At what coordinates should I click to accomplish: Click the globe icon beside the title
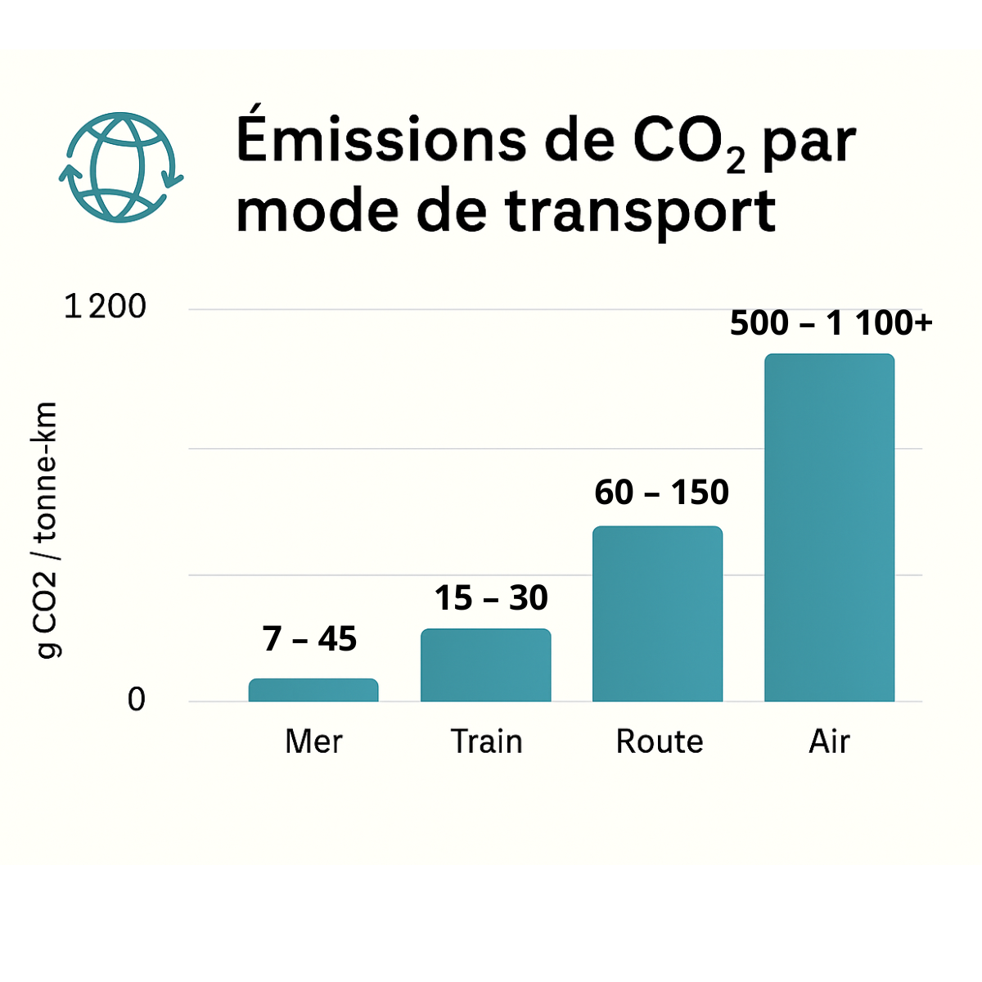tap(121, 167)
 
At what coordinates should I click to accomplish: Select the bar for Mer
tap(313, 690)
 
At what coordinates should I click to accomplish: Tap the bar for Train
tap(485, 664)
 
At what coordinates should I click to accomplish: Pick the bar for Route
tap(657, 614)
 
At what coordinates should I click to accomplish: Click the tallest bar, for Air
tap(829, 528)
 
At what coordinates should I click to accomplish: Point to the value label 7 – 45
tap(309, 639)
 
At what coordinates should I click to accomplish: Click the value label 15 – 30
tap(490, 598)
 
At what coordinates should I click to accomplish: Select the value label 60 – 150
tap(661, 493)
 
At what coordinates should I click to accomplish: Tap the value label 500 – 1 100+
tap(831, 323)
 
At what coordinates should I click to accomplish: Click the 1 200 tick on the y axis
tap(105, 307)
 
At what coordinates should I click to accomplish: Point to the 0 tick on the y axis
tap(136, 700)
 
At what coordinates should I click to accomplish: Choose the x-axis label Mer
tap(313, 741)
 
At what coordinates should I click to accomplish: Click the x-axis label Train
tap(486, 741)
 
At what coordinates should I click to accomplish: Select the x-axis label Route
tap(659, 741)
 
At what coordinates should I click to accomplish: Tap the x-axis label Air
tap(829, 741)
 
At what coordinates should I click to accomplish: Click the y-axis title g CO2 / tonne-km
tap(46, 530)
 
